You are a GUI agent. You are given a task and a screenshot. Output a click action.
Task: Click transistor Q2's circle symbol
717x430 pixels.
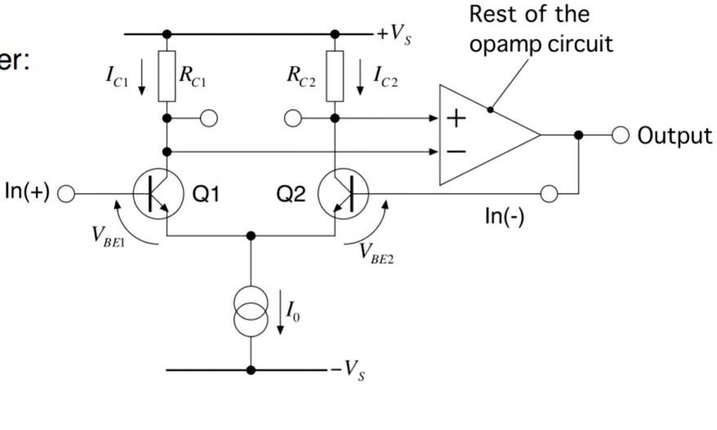[343, 194]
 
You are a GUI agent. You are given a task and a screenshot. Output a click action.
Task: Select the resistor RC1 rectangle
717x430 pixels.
[167, 76]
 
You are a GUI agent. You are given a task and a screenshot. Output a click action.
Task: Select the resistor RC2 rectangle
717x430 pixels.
[334, 76]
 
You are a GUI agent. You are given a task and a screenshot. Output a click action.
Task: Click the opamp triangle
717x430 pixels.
[481, 134]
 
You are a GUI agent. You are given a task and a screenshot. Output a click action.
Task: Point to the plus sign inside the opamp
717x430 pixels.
[456, 119]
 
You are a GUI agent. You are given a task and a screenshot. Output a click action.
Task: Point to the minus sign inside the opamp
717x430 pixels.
[456, 151]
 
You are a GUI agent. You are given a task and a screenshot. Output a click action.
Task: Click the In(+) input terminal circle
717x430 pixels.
[66, 194]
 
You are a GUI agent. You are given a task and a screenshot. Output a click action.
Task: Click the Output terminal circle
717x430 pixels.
[621, 135]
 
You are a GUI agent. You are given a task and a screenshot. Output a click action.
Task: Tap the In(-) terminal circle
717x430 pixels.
[549, 194]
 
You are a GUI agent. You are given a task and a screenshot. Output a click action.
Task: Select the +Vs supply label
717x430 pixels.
[392, 36]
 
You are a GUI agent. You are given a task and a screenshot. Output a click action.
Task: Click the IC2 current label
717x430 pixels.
[385, 76]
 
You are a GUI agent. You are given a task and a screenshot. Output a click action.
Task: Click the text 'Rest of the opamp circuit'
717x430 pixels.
[540, 29]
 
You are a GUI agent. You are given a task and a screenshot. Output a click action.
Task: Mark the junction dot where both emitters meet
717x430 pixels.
[250, 235]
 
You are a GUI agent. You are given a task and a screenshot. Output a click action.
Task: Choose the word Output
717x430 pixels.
[674, 135]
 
